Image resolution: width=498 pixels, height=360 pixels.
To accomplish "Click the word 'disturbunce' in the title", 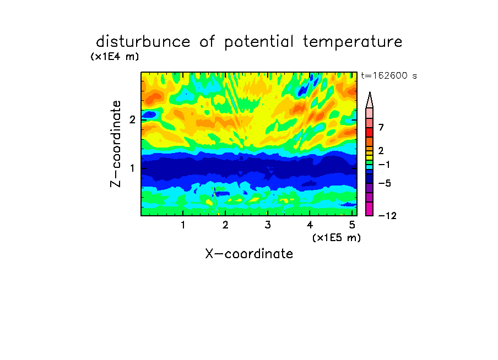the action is tap(143, 41).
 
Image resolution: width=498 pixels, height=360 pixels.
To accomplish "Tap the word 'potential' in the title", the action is tap(259, 42).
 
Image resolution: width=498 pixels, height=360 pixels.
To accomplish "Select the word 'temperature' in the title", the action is tap(353, 42).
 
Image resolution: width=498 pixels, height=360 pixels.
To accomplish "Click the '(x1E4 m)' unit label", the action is tap(115, 57).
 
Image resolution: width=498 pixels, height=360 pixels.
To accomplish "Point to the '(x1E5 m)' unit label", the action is tap(337, 237).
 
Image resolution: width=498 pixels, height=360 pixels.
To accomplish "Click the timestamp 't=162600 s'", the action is tap(389, 76).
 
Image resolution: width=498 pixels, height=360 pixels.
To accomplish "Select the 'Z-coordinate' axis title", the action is tap(116, 144).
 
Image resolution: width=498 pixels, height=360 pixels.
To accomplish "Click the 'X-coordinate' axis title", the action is tap(249, 254).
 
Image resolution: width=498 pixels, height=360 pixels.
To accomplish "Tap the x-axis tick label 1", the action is tap(183, 225).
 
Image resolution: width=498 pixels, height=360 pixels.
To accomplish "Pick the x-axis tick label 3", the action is tap(268, 225).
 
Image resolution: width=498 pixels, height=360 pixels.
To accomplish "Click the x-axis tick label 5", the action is tap(352, 225).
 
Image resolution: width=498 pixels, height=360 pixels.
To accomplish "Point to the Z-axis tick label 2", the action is tap(132, 120).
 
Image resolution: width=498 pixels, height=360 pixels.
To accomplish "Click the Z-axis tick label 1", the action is tap(132, 168).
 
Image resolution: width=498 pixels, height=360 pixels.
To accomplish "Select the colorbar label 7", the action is tap(381, 128).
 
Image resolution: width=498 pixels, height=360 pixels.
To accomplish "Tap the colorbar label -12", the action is tap(387, 216).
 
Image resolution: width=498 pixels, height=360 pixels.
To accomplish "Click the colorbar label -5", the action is tap(385, 183).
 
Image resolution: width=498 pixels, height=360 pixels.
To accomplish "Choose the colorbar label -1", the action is tap(384, 165).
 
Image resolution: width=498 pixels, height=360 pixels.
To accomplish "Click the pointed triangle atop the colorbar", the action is tap(370, 100).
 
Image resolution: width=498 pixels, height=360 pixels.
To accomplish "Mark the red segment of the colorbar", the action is tap(370, 132).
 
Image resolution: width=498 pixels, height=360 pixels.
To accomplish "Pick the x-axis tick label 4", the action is tap(310, 225).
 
